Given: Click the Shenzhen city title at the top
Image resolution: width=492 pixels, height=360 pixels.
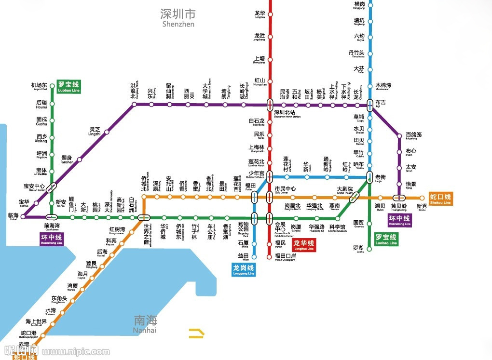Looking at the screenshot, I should pyautogui.click(x=178, y=17).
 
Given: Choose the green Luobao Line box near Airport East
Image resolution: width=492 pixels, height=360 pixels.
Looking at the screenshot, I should pyautogui.click(x=68, y=86).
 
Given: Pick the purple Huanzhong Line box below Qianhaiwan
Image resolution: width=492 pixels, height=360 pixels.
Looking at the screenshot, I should pyautogui.click(x=52, y=240).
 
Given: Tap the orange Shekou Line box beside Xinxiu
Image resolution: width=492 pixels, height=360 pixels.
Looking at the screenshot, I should pyautogui.click(x=440, y=199).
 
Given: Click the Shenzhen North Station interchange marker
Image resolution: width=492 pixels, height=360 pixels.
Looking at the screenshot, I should pyautogui.click(x=270, y=104).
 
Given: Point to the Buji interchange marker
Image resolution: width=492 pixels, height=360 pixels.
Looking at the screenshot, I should pyautogui.click(x=370, y=105).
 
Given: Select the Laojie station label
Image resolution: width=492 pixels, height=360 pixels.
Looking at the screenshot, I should pyautogui.click(x=381, y=177).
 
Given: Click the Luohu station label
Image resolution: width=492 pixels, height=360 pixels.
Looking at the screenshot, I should pyautogui.click(x=358, y=249).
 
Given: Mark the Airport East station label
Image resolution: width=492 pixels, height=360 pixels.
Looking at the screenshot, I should pyautogui.click(x=40, y=87).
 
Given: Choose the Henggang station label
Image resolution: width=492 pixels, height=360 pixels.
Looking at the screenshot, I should pyautogui.click(x=359, y=5).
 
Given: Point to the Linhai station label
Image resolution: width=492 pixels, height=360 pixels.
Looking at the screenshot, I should pyautogui.click(x=14, y=216).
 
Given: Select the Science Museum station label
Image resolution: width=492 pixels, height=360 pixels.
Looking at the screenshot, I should pyautogui.click(x=337, y=228).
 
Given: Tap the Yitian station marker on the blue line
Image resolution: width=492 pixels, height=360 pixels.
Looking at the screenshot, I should pyautogui.click(x=255, y=256).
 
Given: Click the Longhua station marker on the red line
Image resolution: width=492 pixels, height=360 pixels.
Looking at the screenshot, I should pyautogui.click(x=270, y=14).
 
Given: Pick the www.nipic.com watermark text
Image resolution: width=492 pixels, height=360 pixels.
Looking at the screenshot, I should pyautogui.click(x=67, y=352).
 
